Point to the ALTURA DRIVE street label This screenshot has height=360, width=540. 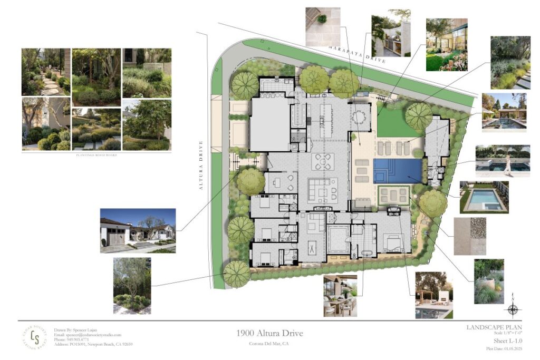pos(201,161)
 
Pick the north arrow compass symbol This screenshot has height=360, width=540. pos(514,309)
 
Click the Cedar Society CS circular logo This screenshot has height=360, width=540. pos(34,337)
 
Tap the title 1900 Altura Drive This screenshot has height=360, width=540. pos(269,333)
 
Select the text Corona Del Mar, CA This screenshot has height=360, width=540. pos(269,344)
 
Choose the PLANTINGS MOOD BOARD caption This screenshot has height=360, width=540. pos(96,154)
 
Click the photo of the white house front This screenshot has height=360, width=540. pos(138,230)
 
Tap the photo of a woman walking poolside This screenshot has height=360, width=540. pos(502,161)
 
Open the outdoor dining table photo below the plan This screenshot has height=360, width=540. pos(340,295)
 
